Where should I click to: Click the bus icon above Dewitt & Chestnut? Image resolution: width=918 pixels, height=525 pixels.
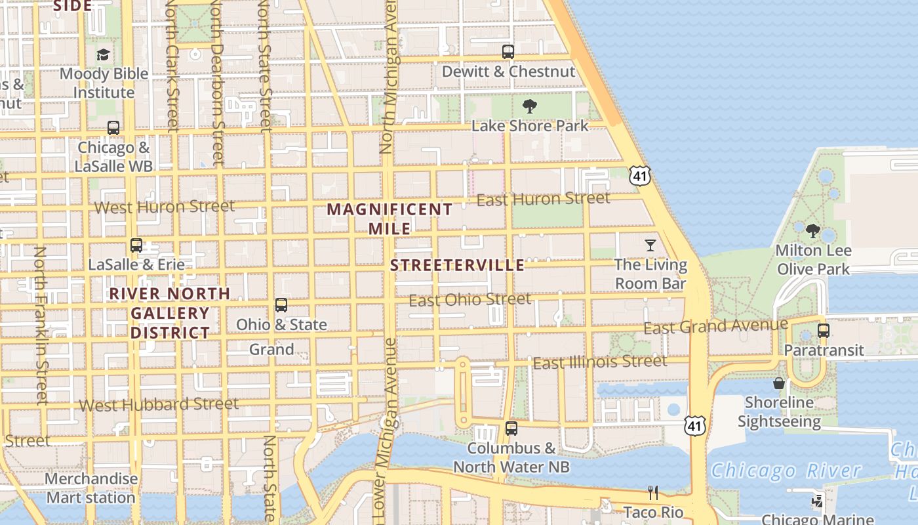pyautogui.click(x=508, y=51)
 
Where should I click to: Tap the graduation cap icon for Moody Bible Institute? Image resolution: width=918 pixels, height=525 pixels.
pyautogui.click(x=103, y=54)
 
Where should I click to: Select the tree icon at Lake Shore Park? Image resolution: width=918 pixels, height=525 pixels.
pyautogui.click(x=530, y=106)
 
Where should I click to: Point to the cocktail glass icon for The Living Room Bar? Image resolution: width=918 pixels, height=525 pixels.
pyautogui.click(x=650, y=245)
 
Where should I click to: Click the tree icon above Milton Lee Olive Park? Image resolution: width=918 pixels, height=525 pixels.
pyautogui.click(x=813, y=231)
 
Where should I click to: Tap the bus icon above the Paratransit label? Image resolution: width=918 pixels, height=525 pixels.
pyautogui.click(x=824, y=331)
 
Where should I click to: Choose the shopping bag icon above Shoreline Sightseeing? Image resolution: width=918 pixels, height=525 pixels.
pyautogui.click(x=779, y=383)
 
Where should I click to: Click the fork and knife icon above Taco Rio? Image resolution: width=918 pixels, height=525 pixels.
pyautogui.click(x=653, y=492)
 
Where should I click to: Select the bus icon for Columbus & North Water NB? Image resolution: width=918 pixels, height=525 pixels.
pyautogui.click(x=511, y=429)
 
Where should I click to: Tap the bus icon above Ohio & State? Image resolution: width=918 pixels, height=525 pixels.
pyautogui.click(x=281, y=305)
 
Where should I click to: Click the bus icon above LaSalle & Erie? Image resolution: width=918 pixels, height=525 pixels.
pyautogui.click(x=136, y=245)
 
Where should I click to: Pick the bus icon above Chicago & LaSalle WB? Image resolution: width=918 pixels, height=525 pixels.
pyautogui.click(x=113, y=128)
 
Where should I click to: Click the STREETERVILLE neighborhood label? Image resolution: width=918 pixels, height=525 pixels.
pyautogui.click(x=458, y=265)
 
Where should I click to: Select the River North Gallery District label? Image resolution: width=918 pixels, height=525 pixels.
pyautogui.click(x=170, y=313)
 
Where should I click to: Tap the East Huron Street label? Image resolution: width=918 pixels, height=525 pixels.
pyautogui.click(x=543, y=198)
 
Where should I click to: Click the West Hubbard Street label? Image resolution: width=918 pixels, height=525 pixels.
pyautogui.click(x=159, y=404)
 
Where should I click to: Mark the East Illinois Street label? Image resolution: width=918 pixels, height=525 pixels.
pyautogui.click(x=600, y=362)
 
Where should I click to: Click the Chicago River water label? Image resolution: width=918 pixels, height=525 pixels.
pyautogui.click(x=786, y=471)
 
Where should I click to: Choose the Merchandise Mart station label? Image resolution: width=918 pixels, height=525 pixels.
pyautogui.click(x=91, y=488)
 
